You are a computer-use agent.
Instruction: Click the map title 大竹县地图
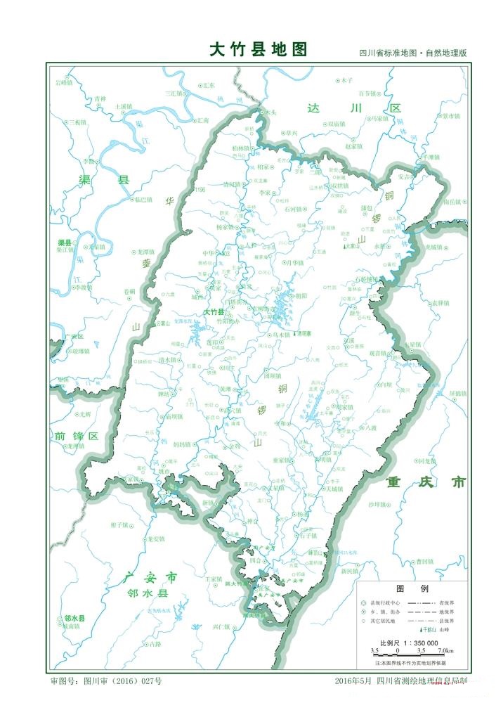click(259, 49)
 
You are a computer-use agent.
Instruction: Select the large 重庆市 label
click(426, 482)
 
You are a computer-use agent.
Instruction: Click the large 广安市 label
click(150, 578)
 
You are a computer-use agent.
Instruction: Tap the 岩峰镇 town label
click(64, 82)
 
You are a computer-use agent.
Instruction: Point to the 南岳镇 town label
click(455, 202)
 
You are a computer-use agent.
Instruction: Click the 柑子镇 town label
click(120, 524)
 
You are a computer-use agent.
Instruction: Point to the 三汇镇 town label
click(173, 93)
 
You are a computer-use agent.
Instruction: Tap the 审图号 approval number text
click(105, 681)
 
